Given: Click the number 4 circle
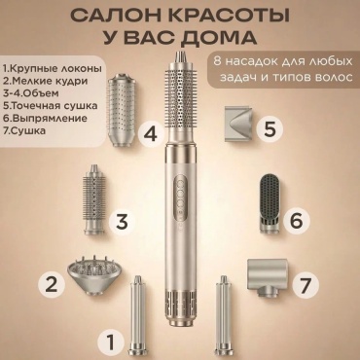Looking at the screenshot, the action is [x=152, y=134].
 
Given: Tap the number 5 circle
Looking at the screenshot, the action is [x=270, y=129].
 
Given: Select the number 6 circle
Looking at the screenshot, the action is [x=297, y=221].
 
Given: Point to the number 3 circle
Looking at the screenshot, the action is [x=122, y=221].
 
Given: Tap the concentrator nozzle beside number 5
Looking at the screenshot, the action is [x=238, y=124].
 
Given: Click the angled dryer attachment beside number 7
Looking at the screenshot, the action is [x=267, y=277].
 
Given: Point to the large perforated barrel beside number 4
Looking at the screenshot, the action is [x=119, y=110].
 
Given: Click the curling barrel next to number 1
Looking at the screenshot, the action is [x=138, y=317].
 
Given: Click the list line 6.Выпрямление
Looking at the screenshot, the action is [x=45, y=118].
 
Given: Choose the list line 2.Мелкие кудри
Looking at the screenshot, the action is [x=45, y=81].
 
